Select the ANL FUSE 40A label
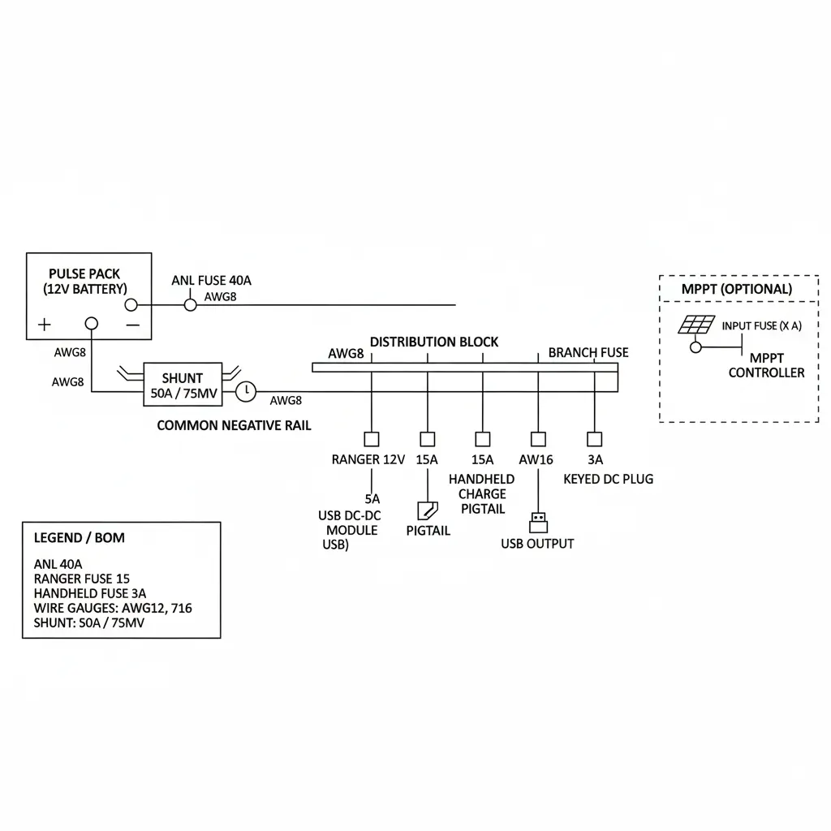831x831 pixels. [212, 281]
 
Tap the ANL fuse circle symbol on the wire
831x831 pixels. [190, 304]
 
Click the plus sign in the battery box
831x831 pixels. [44, 325]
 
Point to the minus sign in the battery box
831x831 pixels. [133, 325]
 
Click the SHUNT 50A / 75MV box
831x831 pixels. [183, 385]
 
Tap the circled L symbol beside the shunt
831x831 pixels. [246, 392]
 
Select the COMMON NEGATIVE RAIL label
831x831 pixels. [234, 425]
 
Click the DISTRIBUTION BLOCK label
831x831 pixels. [434, 342]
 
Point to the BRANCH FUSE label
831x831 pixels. [588, 352]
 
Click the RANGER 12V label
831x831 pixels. [368, 459]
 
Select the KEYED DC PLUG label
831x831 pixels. [608, 479]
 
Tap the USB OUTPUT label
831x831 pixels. [537, 544]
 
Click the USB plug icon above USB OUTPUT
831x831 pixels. [537, 519]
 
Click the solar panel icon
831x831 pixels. [696, 325]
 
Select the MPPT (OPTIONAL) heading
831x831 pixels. [737, 289]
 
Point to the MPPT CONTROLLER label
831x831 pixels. [766, 365]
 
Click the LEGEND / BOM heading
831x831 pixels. [80, 537]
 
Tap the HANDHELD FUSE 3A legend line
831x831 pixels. [90, 593]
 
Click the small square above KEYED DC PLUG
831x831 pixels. [594, 439]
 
